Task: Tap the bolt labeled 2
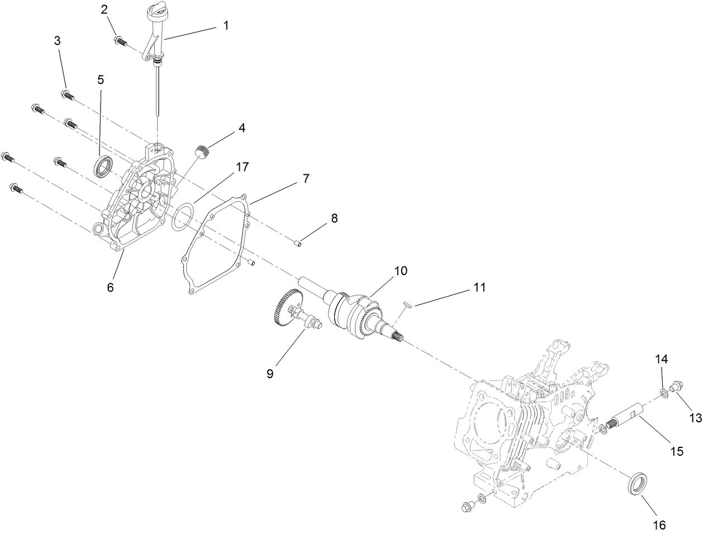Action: click(121, 40)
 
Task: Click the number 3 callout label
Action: click(58, 41)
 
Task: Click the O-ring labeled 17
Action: click(182, 216)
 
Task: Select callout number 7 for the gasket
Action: click(305, 179)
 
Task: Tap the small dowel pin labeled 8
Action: click(299, 242)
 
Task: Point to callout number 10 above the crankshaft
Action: click(401, 271)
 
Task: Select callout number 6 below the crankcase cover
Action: click(110, 287)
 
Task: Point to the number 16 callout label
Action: click(660, 525)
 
